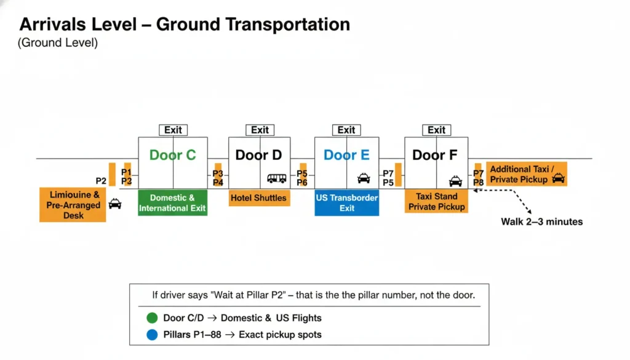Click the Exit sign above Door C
coord(173,130)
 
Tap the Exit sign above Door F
coord(436,130)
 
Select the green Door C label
coord(173,155)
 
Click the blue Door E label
coord(346,155)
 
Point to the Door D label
coord(259,155)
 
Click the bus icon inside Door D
coord(277,178)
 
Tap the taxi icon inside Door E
coord(364,178)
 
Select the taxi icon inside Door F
coord(455,180)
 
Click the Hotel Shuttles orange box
coord(259,198)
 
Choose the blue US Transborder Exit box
coord(346,203)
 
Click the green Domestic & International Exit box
coord(172,203)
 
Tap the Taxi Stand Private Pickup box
coord(436,202)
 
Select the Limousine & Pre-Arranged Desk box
coord(73,204)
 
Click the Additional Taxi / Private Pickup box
coord(527,174)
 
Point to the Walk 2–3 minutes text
coord(541,222)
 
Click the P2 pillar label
coord(102,181)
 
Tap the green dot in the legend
coord(152,318)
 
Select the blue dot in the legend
coord(152,335)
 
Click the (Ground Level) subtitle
coord(58,43)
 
